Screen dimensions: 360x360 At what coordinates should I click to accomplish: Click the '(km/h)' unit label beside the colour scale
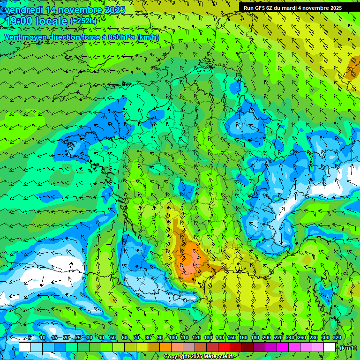347,348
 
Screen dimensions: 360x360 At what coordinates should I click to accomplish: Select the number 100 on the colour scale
173,337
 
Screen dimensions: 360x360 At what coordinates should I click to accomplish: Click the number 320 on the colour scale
337,337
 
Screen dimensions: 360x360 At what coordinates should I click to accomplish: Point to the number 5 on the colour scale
30,337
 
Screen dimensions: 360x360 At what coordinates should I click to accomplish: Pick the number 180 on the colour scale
255,337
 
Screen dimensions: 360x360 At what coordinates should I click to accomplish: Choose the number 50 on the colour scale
113,337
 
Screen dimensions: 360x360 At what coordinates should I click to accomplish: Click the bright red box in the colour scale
224,347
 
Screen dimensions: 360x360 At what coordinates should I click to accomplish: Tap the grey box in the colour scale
189,347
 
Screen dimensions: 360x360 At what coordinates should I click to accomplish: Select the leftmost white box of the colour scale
25,347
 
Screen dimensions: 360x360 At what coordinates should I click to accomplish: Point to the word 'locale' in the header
51,21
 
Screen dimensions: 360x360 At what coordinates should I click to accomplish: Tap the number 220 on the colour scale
278,337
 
